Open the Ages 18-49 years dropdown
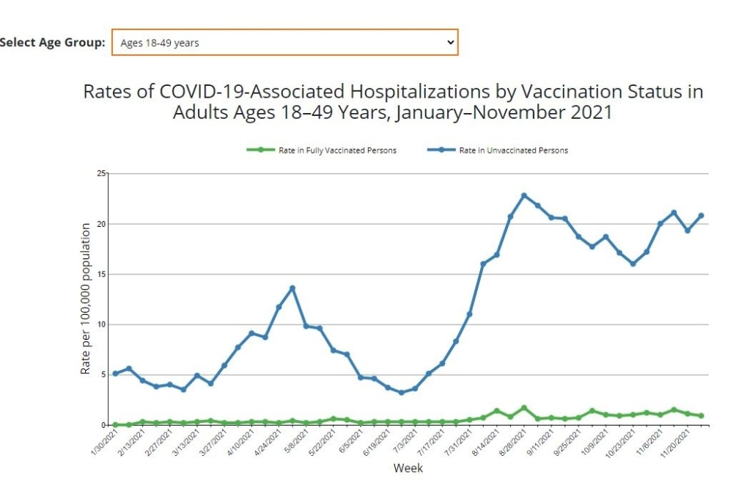[x=284, y=43]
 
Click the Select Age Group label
[x=53, y=43]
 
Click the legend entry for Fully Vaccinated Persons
[x=323, y=150]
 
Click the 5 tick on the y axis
[x=103, y=374]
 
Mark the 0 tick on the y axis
[x=103, y=425]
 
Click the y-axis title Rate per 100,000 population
[x=86, y=299]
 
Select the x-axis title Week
[x=408, y=468]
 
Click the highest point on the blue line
[x=524, y=195]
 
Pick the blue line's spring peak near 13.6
[x=292, y=288]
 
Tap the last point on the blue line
[x=701, y=215]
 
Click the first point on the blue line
[x=115, y=374]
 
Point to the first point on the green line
[x=115, y=424]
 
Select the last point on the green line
[x=701, y=415]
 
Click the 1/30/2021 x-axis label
[x=103, y=445]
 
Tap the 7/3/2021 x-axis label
[x=402, y=445]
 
